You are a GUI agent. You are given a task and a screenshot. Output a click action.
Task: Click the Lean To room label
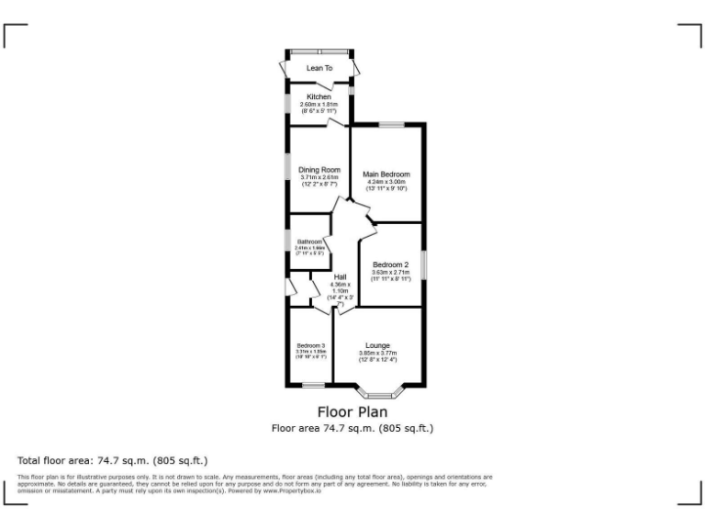319,68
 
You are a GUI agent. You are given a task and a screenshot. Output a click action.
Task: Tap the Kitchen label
319,96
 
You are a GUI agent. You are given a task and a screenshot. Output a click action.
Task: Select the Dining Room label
319,169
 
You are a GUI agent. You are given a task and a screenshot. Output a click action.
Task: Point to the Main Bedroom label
386,174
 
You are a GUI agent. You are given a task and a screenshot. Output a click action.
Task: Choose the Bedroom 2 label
390,264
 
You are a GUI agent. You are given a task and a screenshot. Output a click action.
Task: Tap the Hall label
340,277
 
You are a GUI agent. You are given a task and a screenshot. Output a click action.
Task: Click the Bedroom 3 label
310,345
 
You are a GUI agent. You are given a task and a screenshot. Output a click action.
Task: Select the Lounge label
377,345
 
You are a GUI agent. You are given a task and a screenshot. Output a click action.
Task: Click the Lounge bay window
378,395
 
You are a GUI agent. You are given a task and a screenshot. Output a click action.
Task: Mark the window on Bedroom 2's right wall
423,264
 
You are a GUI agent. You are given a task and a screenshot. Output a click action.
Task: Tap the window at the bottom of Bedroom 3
313,384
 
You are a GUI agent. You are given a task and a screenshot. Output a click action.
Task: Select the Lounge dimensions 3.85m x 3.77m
377,355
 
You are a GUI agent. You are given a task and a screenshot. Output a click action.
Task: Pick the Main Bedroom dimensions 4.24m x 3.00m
386,183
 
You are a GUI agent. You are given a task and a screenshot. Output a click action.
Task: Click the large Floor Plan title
352,412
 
